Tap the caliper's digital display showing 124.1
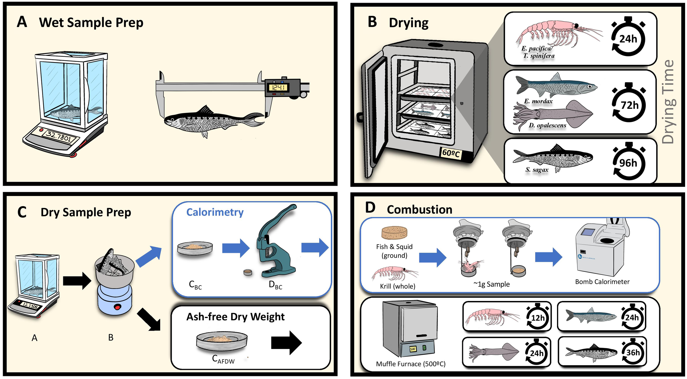[x=278, y=88]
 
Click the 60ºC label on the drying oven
[x=451, y=153]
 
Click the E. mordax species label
[x=538, y=101]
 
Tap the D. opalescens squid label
[x=547, y=125]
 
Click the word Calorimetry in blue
[x=215, y=212]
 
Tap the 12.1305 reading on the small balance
[x=30, y=305]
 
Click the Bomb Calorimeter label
[x=602, y=282]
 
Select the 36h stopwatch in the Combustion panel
[x=633, y=353]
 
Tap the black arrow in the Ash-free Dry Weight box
[x=286, y=343]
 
